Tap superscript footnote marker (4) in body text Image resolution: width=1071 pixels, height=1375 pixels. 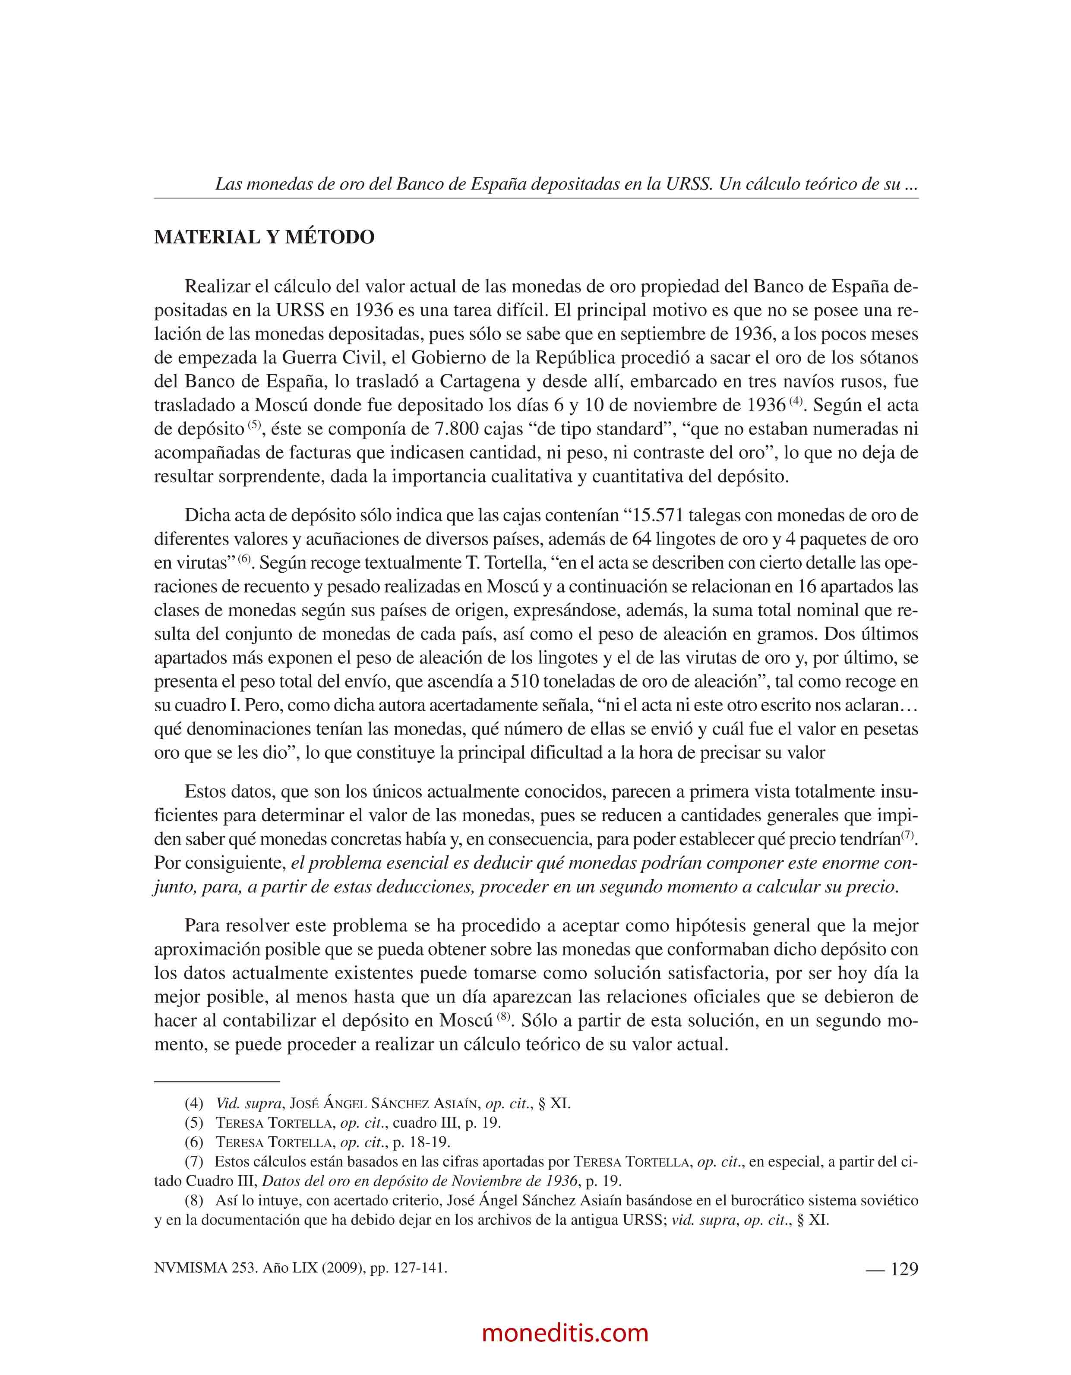tap(796, 401)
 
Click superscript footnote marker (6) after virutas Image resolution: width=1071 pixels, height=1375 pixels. tap(244, 558)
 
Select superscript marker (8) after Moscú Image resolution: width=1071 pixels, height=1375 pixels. tap(504, 1016)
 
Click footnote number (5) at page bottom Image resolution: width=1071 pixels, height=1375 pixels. tap(194, 1123)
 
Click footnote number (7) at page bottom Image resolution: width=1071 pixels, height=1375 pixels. tap(194, 1161)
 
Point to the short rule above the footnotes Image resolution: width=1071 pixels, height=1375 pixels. tap(217, 1081)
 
